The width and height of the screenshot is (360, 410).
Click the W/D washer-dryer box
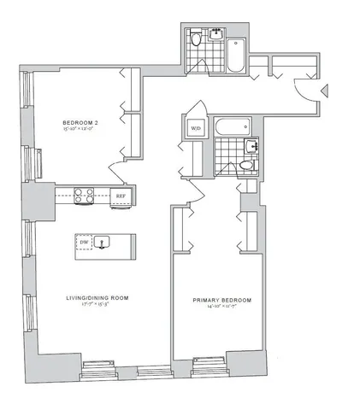click(x=196, y=129)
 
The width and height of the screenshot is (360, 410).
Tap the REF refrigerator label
click(x=122, y=195)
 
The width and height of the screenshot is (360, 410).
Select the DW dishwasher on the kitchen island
click(x=84, y=243)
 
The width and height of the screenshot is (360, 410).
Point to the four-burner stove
click(x=84, y=195)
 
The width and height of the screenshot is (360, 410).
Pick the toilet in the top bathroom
click(x=196, y=38)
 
